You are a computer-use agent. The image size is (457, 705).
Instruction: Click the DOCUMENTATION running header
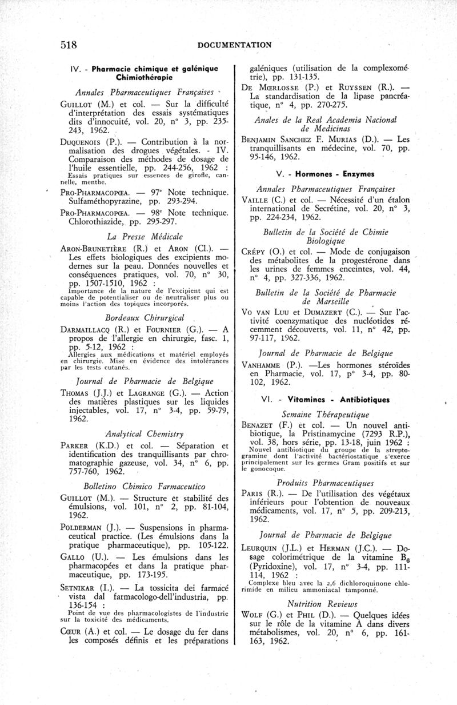(x=235, y=45)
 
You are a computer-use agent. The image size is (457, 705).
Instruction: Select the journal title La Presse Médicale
(x=145, y=236)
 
